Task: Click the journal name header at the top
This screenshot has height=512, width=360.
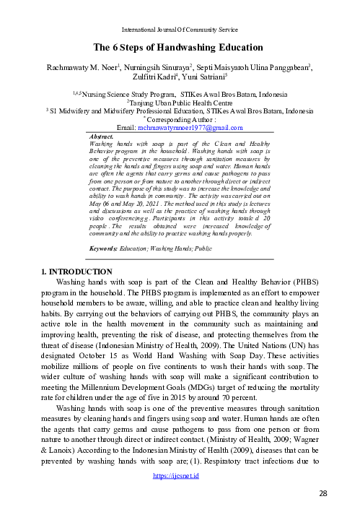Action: pyautogui.click(x=180, y=29)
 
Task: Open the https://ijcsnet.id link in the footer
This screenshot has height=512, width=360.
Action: pyautogui.click(x=180, y=477)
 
